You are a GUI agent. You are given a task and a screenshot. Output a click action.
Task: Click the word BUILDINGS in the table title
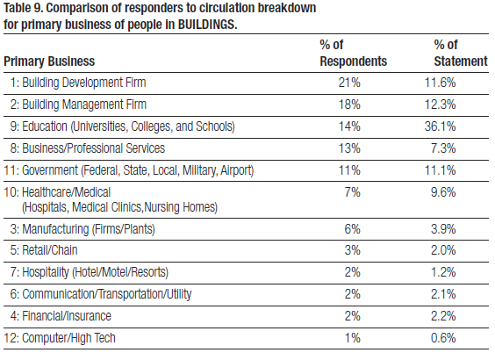click(207, 25)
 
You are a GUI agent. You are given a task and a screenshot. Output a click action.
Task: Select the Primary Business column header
click(49, 61)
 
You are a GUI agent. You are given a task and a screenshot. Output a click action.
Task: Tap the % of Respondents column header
click(353, 53)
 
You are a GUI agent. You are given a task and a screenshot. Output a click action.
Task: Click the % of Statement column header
click(461, 53)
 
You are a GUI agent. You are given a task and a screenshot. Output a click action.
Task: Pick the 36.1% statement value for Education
click(440, 126)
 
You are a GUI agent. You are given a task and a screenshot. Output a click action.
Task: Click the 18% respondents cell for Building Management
click(349, 104)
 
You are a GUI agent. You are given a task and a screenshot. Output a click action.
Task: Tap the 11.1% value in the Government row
click(440, 170)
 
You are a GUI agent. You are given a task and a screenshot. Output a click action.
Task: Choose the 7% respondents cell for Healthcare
click(352, 192)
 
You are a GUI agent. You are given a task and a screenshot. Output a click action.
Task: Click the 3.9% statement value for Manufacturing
click(443, 229)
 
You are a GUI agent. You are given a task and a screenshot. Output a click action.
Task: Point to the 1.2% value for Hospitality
click(443, 272)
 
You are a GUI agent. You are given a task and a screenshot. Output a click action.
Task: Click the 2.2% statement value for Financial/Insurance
click(443, 316)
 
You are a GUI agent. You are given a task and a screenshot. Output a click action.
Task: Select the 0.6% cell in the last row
click(443, 338)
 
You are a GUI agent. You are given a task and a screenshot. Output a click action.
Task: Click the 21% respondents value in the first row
click(349, 83)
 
